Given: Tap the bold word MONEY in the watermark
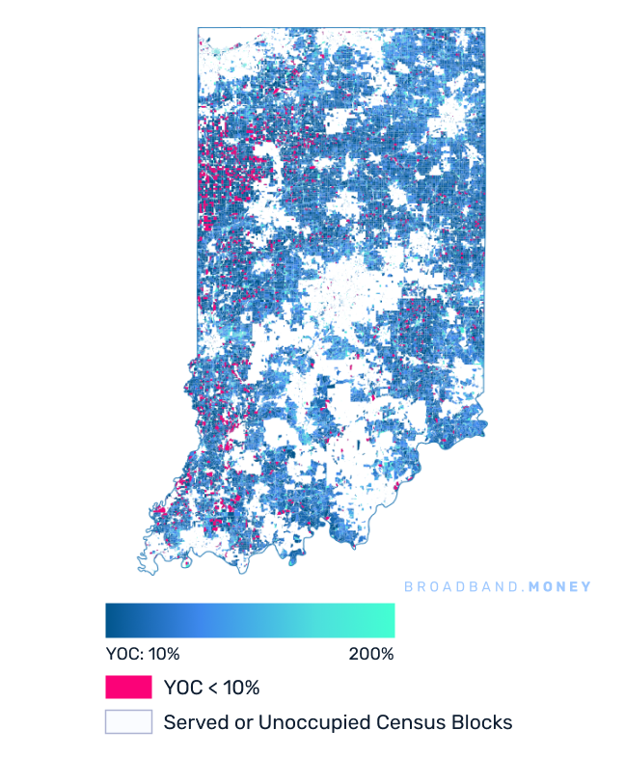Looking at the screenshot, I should click(558, 586).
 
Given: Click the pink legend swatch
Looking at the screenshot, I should click(128, 688).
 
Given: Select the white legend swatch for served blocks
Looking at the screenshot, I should click(128, 721).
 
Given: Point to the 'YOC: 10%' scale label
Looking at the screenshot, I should click(142, 654).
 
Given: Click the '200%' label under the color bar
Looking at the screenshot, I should click(370, 654).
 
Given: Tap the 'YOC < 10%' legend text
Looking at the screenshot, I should click(211, 688).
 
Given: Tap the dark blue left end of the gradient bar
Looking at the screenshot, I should click(112, 620).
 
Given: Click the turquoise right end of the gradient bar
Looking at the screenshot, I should click(388, 620).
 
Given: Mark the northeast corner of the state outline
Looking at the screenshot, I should click(484, 29).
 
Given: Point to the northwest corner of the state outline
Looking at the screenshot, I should click(199, 29).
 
